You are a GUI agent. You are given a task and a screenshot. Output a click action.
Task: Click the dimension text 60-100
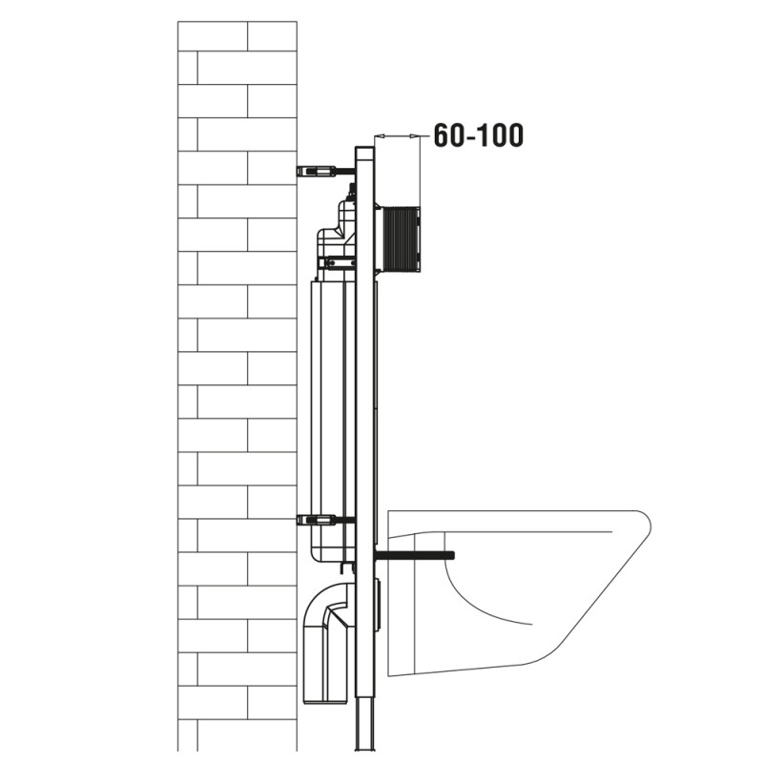tap(479, 135)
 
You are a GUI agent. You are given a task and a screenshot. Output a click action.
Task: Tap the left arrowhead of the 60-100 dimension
tap(380, 135)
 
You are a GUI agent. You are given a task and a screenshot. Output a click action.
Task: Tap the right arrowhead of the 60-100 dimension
tap(415, 135)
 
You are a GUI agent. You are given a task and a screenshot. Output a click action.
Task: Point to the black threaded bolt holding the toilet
tap(415, 555)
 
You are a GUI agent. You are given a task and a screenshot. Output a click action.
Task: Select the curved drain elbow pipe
tap(327, 641)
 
